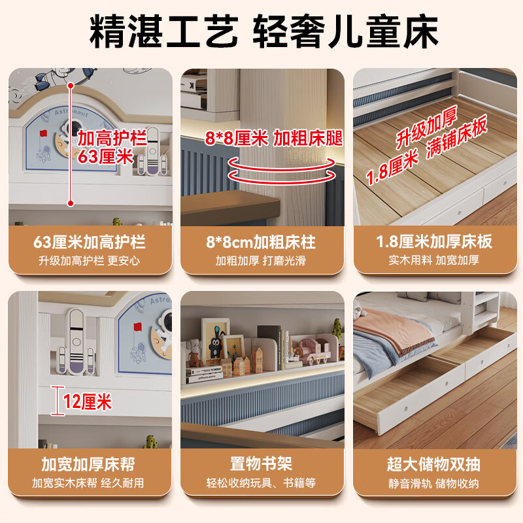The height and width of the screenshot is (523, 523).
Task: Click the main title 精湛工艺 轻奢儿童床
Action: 261,31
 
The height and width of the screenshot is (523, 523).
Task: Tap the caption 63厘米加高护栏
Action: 90,243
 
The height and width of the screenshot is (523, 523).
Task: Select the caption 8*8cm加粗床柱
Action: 261,243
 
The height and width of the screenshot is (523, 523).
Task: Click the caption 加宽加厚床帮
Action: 90,465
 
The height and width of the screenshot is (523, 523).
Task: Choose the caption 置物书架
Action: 261,465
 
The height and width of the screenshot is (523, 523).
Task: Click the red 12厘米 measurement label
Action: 87,402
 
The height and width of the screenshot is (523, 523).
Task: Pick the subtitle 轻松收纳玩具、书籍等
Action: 261,484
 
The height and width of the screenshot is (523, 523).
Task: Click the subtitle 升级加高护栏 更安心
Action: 90,261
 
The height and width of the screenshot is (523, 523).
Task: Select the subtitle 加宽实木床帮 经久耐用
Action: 90,484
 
